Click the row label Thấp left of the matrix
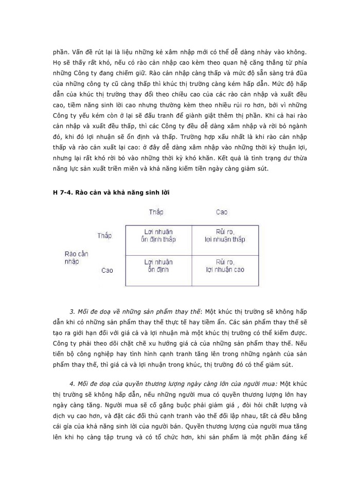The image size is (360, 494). [104, 235]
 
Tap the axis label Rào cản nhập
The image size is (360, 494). [76, 257]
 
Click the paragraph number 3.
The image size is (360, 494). [71, 312]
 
